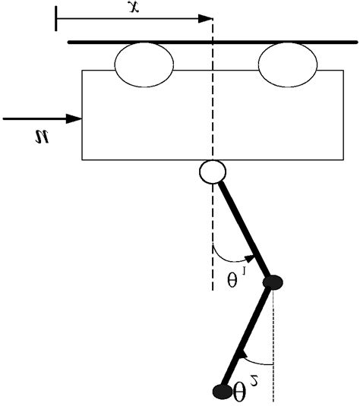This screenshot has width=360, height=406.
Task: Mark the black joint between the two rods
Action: pyautogui.click(x=273, y=283)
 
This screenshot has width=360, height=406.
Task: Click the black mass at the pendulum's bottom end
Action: pyautogui.click(x=222, y=391)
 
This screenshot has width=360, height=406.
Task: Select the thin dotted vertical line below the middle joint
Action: pyautogui.click(x=273, y=349)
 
